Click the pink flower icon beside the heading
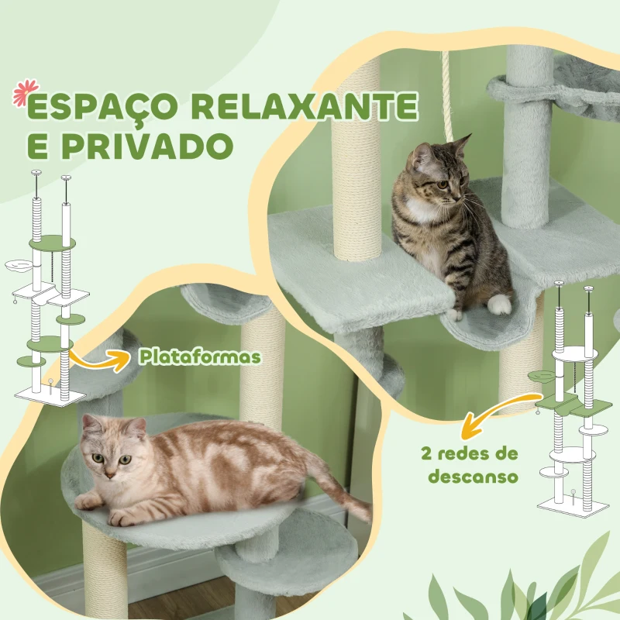pos(22,94)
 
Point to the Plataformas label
pos(200,356)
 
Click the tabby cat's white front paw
pos(501,304)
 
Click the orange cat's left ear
pos(91,424)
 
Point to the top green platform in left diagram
pos(52,242)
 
